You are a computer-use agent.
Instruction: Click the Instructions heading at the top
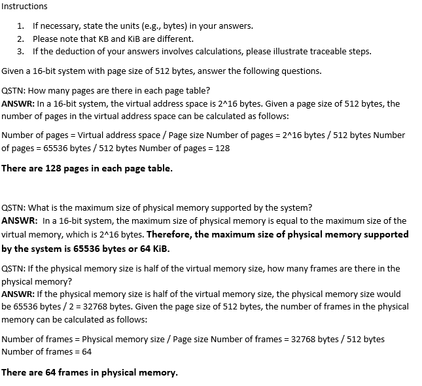coord(24,6)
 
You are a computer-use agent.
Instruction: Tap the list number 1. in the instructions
coord(21,26)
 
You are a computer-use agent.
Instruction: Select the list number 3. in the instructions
coord(21,51)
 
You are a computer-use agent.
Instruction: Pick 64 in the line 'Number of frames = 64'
coord(86,351)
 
